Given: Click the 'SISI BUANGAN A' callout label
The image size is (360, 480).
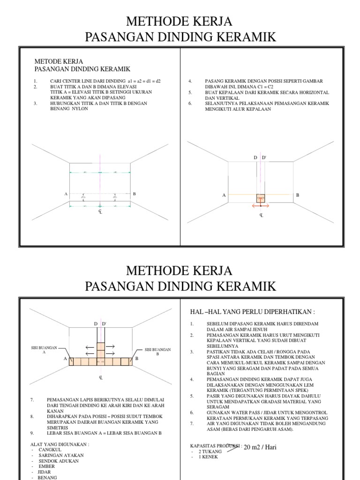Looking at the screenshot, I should click(44, 350).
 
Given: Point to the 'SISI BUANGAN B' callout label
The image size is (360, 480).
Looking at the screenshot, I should click(157, 352).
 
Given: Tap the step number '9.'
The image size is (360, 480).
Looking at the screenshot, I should click(32, 433).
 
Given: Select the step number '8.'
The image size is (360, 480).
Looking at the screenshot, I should click(32, 416).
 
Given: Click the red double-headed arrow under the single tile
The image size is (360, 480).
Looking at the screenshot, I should click(261, 205).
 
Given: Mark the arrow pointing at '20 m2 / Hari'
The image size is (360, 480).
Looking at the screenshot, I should click(232, 447).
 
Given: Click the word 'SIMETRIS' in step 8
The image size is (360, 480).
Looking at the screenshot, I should click(57, 427).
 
